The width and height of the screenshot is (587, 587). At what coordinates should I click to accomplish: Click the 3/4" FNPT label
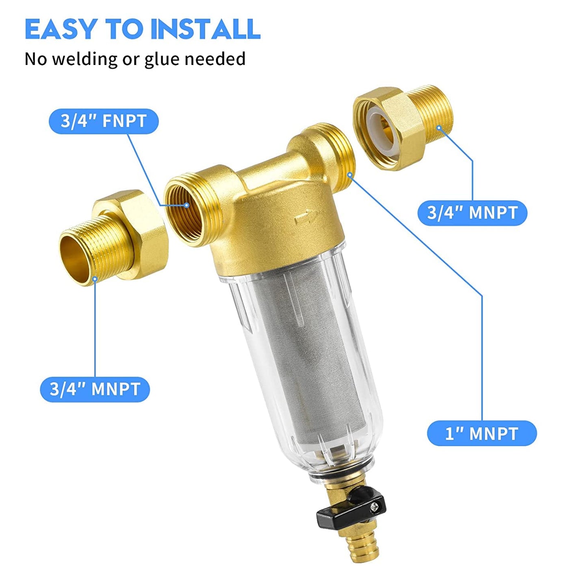(104, 121)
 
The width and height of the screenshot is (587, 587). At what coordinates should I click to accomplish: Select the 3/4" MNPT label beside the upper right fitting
(472, 212)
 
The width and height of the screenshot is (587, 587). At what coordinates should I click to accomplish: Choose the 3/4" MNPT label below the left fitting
(95, 389)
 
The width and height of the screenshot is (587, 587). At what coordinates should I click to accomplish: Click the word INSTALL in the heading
(205, 29)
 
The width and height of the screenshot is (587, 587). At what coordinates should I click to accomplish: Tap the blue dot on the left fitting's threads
(95, 279)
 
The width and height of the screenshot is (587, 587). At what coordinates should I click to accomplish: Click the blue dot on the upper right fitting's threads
(439, 128)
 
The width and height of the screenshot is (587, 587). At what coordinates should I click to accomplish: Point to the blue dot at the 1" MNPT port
(350, 174)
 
